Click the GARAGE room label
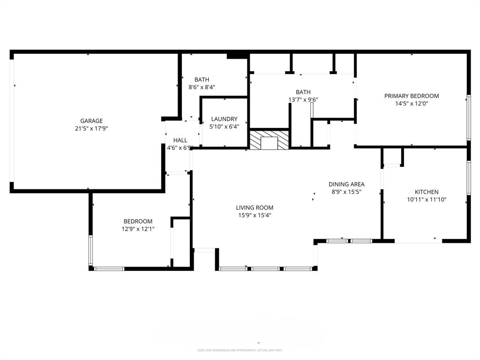point(91,121)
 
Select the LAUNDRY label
point(224,119)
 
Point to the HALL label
point(180,140)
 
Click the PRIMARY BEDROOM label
point(412,96)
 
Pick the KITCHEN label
point(427,192)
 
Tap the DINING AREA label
point(346,184)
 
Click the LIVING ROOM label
point(255,208)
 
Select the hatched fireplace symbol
point(269,140)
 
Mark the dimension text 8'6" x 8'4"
point(202,87)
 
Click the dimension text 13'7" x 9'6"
point(303,99)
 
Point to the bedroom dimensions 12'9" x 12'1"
point(138,229)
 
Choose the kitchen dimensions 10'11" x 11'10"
point(427,199)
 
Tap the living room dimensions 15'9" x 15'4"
point(255,215)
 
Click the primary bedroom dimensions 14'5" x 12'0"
point(412,104)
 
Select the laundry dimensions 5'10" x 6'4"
point(224,126)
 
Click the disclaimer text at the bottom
point(240,350)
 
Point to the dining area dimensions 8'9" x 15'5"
point(346,192)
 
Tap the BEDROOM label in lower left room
point(138,221)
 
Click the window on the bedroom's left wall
point(91,251)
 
